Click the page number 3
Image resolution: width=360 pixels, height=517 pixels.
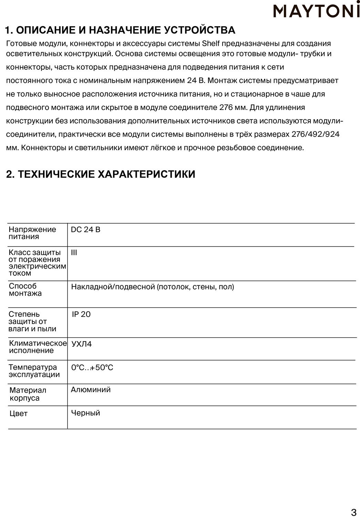coord(353,511)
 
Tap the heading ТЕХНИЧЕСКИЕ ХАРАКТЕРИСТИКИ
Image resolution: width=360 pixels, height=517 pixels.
coord(101,174)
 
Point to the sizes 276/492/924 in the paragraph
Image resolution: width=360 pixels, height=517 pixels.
coord(316,134)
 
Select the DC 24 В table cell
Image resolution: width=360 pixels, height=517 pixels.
coord(85,230)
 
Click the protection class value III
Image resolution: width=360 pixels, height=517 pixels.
coord(74,253)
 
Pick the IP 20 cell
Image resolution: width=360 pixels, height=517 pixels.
coord(81,314)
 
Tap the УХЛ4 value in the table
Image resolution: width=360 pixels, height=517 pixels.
coord(82,344)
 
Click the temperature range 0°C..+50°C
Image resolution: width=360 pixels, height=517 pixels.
coord(92,367)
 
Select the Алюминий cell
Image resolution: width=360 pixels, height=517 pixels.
coord(91,390)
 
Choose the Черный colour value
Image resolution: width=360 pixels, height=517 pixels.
coord(85,413)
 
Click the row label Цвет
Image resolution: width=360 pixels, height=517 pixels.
coord(19,414)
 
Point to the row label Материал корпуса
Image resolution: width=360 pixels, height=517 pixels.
coord(28,394)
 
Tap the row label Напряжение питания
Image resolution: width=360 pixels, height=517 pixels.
coord(32,233)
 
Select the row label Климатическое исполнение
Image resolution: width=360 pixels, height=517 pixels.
coord(37,347)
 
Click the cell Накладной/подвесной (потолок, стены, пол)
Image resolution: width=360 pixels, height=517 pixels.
coord(153,287)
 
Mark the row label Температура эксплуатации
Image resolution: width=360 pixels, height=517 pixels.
coord(34,371)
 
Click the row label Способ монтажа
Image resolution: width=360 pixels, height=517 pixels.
coord(25,290)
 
